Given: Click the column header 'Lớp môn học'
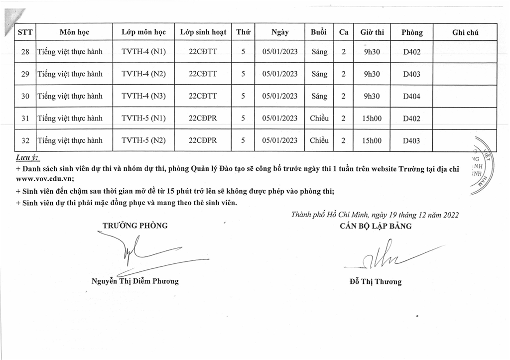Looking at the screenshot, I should coord(143,32).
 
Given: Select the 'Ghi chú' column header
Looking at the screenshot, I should coord(465,32).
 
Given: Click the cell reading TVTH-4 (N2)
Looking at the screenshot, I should coord(143,74).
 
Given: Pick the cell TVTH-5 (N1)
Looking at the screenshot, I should coord(143,119).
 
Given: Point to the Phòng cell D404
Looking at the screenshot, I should coord(411,97).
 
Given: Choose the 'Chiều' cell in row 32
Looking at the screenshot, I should coord(319,140).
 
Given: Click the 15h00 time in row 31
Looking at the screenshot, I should coord(372,119).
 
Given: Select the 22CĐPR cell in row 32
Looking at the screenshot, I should coord(203,140).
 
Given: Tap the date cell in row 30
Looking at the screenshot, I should coord(280,96).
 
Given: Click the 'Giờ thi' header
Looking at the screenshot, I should coord(372,32).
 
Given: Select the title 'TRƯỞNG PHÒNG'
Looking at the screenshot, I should coord(135,226).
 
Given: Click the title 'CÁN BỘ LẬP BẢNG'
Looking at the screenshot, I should coord(376,226).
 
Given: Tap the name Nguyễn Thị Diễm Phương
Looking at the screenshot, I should coord(135,281).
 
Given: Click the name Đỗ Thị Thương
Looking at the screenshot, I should coord(376,282).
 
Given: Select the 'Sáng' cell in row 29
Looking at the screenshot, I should coord(319,74).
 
